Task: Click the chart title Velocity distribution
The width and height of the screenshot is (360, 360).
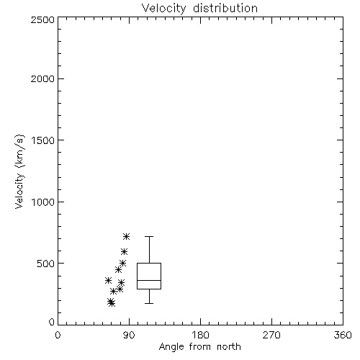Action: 199,9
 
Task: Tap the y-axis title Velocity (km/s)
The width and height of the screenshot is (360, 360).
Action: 19,171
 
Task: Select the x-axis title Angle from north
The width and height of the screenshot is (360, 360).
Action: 200,347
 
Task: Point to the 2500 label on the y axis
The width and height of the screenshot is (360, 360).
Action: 42,19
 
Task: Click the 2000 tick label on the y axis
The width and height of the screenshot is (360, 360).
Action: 42,78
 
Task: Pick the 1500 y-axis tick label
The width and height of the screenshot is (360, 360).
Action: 43,140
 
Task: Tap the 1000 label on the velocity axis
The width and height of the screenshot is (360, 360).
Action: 43,202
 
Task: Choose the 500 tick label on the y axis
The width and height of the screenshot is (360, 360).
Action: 46,264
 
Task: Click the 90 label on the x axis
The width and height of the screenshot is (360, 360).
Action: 130,335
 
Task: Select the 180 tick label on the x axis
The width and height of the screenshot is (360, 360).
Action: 200,335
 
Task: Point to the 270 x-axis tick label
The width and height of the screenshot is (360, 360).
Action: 271,335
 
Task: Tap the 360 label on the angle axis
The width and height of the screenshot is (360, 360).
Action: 343,335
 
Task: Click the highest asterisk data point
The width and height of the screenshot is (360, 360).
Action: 126,237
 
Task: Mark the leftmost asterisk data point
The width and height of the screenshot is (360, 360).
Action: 108,280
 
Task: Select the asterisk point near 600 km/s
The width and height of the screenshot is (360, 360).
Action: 124,251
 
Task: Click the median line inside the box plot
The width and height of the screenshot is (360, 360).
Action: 149,280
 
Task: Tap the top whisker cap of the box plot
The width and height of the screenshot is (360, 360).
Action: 149,237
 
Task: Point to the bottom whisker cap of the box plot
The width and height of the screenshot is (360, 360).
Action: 149,303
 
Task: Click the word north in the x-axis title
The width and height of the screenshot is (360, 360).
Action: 229,347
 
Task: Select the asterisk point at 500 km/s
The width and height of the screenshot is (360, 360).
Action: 123,264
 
